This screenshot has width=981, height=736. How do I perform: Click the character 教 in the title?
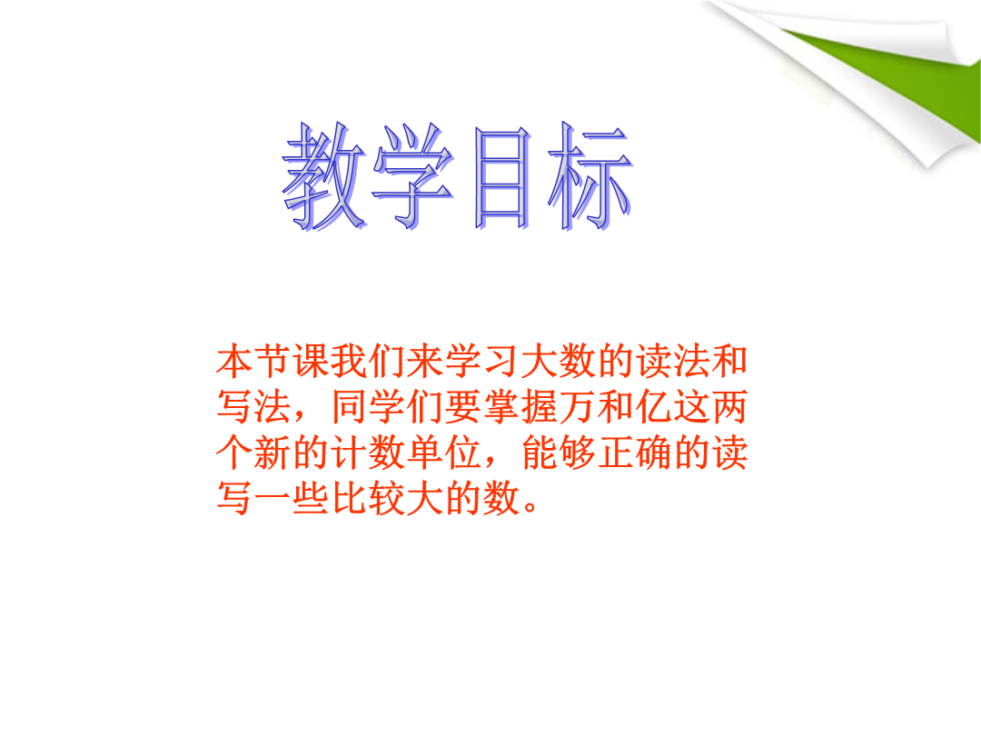(323, 176)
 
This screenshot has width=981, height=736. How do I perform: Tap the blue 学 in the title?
(413, 176)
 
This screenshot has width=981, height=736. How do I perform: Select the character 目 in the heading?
(501, 177)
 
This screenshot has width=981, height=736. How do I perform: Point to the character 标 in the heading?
(590, 176)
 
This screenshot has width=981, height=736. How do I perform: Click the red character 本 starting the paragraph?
(235, 361)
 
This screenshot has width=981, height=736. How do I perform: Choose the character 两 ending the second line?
(729, 407)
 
